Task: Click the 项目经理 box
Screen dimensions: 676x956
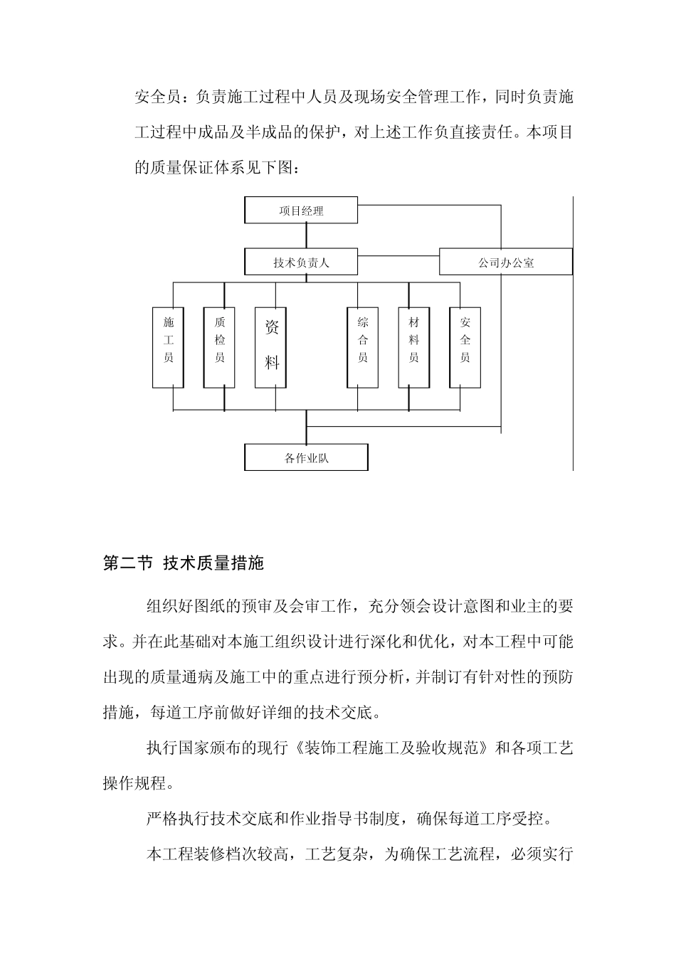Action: tap(301, 211)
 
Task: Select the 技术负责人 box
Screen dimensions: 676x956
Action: tap(301, 262)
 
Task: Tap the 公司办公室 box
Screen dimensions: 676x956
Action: tap(505, 262)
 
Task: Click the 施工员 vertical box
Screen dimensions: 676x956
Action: tap(169, 346)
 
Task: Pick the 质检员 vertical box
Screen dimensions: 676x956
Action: tap(220, 346)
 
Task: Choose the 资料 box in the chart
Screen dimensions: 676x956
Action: tap(272, 346)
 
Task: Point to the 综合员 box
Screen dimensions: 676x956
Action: tap(363, 346)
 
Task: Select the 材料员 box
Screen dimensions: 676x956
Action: tap(414, 346)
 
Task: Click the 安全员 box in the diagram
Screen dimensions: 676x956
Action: tap(465, 346)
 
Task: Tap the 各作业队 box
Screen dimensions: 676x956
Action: tap(307, 458)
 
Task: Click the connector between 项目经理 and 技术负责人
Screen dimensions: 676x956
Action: tap(307, 236)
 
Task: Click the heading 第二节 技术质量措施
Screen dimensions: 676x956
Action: tap(184, 564)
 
